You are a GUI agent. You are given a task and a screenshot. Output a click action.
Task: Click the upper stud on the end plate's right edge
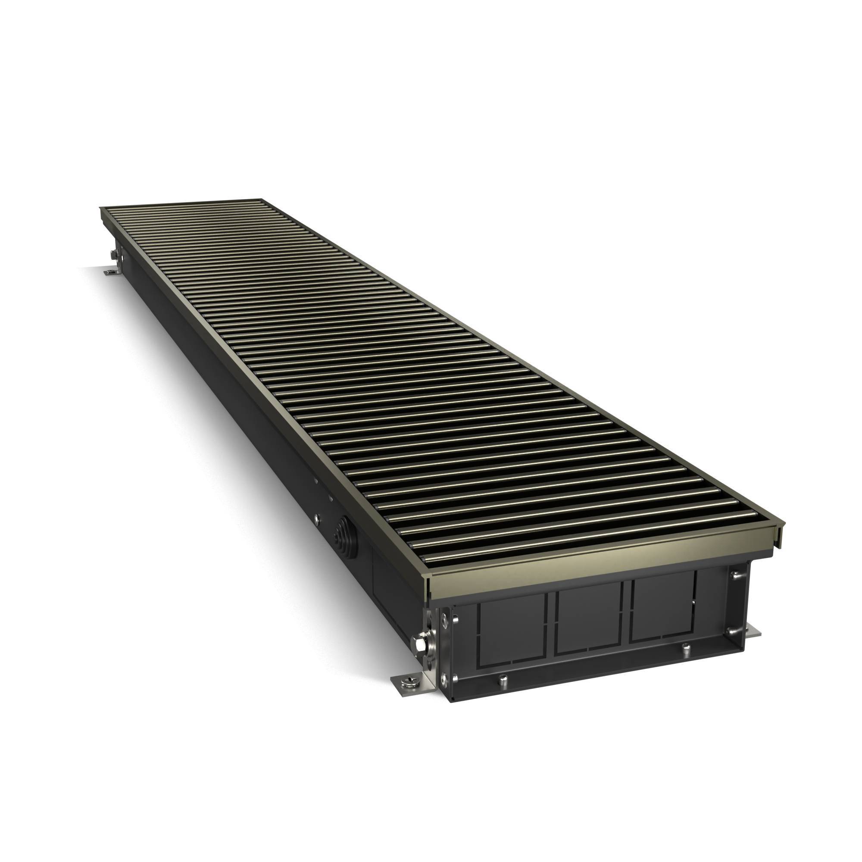tap(734, 576)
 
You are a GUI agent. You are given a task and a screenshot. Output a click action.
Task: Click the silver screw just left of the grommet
tap(316, 518)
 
